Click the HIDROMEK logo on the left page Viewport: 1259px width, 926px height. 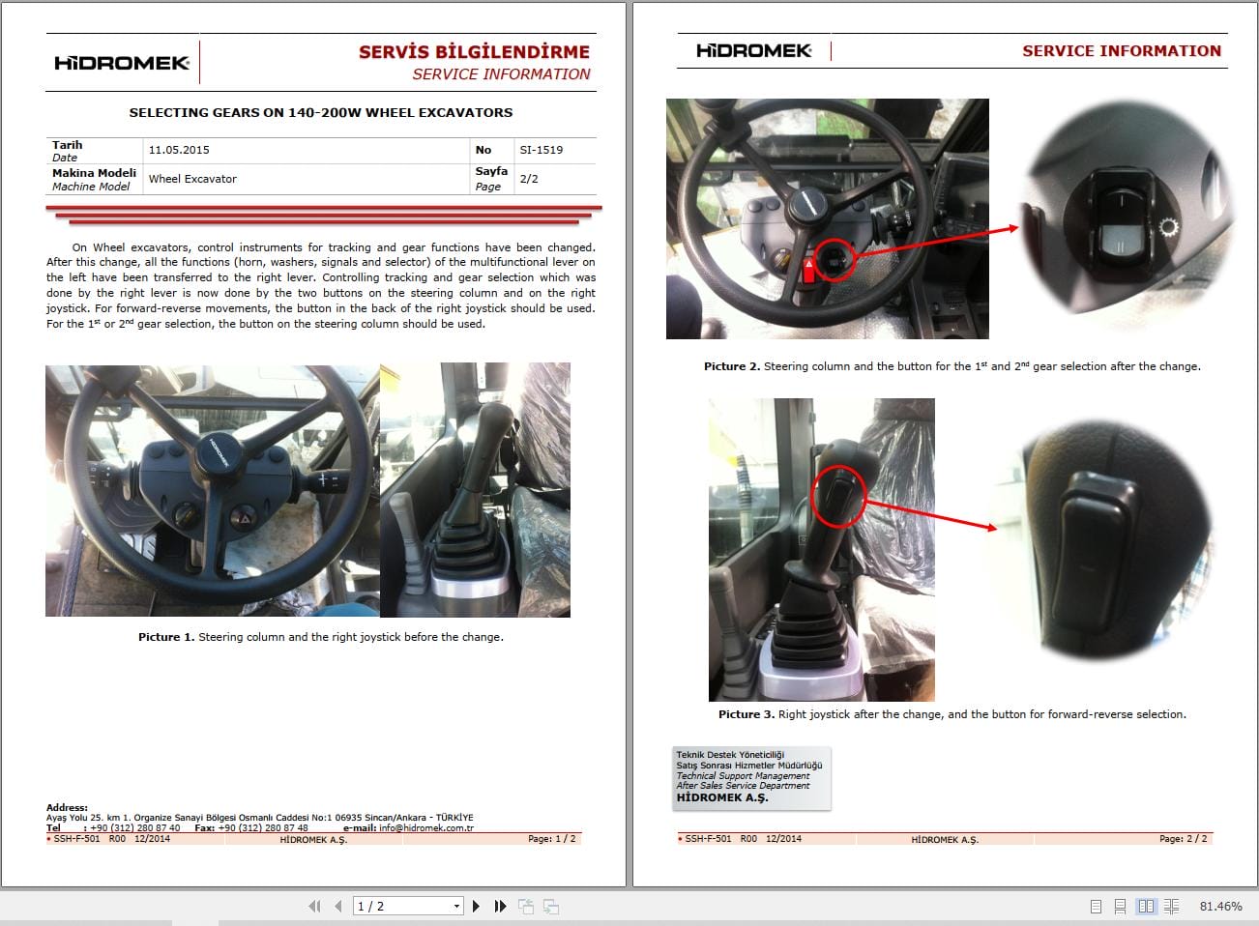coord(122,63)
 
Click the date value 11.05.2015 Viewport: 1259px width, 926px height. coord(179,150)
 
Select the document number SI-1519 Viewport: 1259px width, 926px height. coord(541,150)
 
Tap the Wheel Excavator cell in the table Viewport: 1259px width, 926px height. coord(192,179)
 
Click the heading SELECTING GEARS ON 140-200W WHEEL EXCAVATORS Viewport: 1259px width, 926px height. coord(321,112)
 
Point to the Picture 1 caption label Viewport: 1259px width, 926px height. coord(166,637)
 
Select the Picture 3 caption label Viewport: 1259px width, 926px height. coord(747,714)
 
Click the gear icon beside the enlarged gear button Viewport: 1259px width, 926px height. coord(1168,229)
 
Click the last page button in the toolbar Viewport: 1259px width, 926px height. coord(500,906)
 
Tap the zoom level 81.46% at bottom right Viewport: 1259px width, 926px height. coord(1220,906)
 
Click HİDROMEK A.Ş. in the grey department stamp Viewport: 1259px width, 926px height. coord(721,797)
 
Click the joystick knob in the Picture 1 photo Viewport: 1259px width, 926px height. coord(494,422)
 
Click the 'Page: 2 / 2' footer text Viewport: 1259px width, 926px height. coord(1183,839)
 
